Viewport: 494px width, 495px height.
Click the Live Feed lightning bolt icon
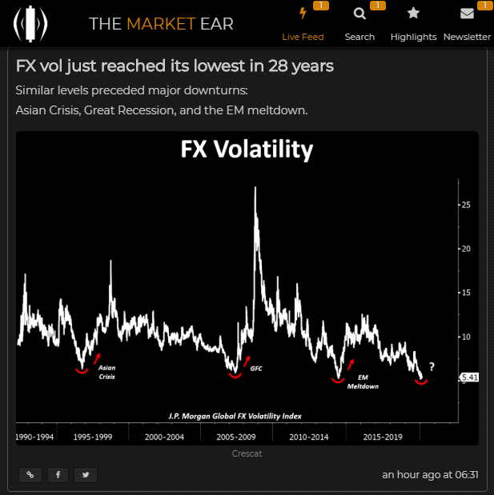(x=302, y=14)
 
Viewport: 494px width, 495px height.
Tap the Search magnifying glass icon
(x=359, y=14)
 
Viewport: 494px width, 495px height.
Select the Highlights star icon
(x=413, y=14)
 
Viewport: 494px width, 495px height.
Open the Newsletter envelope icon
(x=467, y=14)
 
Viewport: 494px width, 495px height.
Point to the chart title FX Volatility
(x=246, y=150)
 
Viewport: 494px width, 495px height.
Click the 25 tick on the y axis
(x=465, y=206)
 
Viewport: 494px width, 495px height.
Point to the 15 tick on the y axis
(x=465, y=293)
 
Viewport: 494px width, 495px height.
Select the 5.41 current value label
(x=469, y=377)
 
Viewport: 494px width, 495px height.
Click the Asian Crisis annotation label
(x=106, y=372)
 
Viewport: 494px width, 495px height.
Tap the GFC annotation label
(x=256, y=369)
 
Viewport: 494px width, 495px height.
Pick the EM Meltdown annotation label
(x=363, y=381)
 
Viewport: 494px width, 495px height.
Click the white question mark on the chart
(x=432, y=367)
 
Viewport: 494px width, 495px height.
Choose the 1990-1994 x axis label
(x=35, y=437)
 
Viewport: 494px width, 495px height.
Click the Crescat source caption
(x=247, y=453)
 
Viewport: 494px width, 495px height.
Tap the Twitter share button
(x=85, y=474)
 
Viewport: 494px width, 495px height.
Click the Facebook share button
(x=57, y=474)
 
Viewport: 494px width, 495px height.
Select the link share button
(x=30, y=474)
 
